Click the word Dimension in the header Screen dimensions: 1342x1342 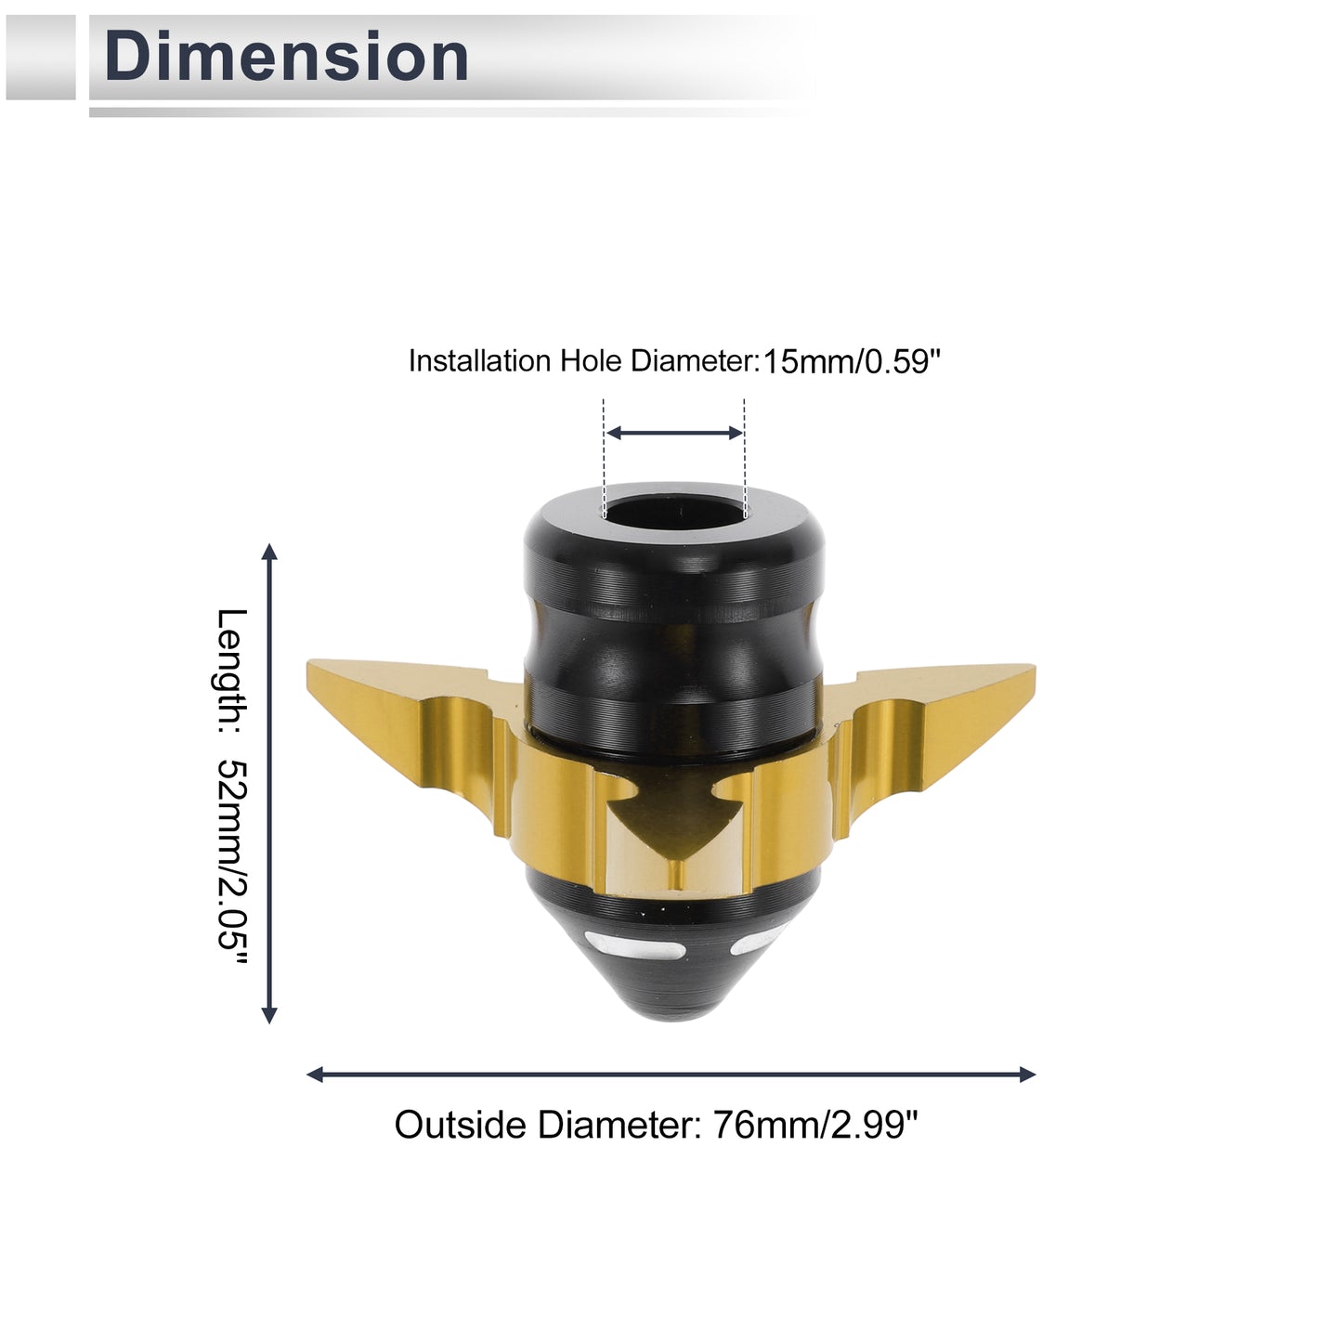(x=285, y=57)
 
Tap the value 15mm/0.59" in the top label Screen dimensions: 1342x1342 (x=852, y=363)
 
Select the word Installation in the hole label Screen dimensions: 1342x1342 (x=480, y=360)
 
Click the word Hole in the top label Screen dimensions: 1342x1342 (x=592, y=360)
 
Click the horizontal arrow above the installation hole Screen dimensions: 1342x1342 (x=674, y=433)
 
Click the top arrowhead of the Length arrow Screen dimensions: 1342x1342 (x=269, y=552)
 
